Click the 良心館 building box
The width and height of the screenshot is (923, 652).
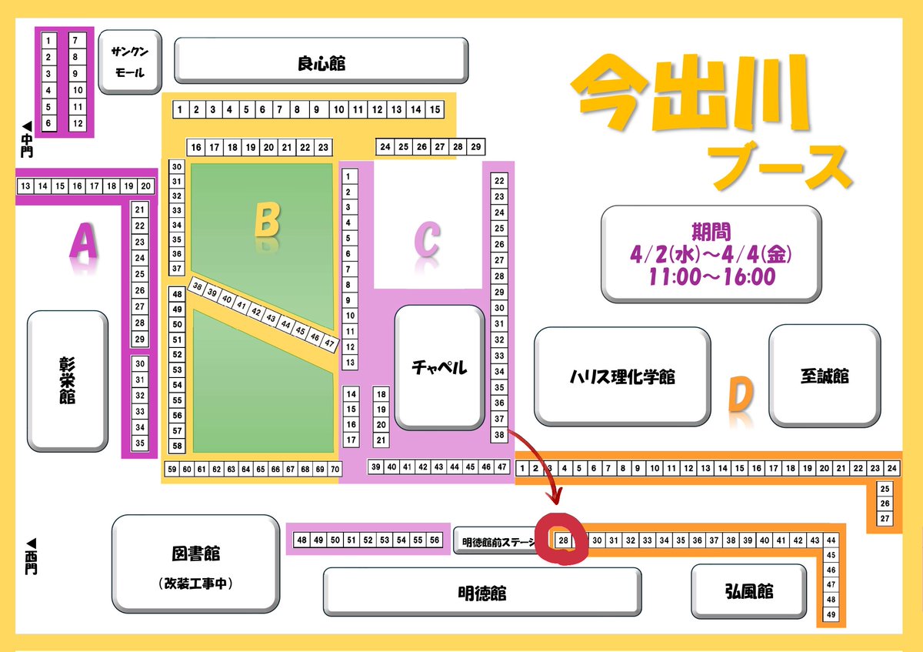[321, 60]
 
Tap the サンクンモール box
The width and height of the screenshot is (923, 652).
[130, 62]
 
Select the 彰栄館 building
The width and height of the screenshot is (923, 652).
[68, 380]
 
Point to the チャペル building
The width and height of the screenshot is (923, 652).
[438, 367]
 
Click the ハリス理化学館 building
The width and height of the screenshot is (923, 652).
[622, 376]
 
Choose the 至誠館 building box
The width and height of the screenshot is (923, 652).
[824, 376]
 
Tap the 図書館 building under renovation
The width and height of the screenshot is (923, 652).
[195, 564]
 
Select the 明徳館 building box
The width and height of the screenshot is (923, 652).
[481, 593]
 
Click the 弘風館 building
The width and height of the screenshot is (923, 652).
[748, 591]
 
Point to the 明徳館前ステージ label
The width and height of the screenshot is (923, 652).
[498, 542]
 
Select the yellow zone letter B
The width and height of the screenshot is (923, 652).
[266, 221]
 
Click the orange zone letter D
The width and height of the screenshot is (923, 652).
[738, 396]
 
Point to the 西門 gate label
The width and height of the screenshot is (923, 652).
[30, 556]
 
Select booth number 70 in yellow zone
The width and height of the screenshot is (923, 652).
[335, 469]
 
